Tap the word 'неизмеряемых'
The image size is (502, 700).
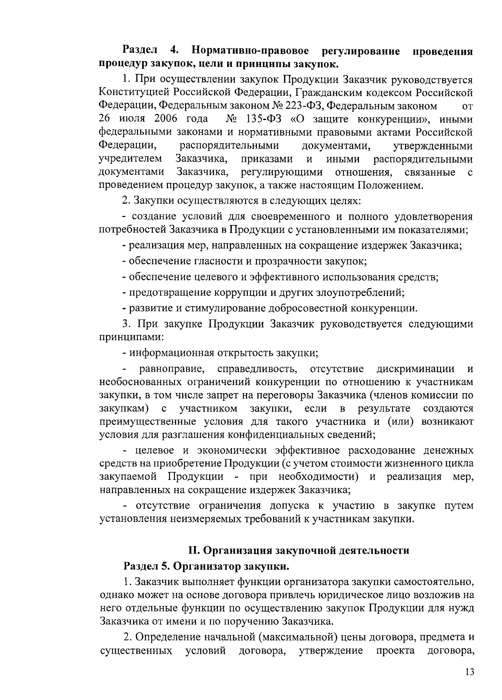[x=225, y=519]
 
